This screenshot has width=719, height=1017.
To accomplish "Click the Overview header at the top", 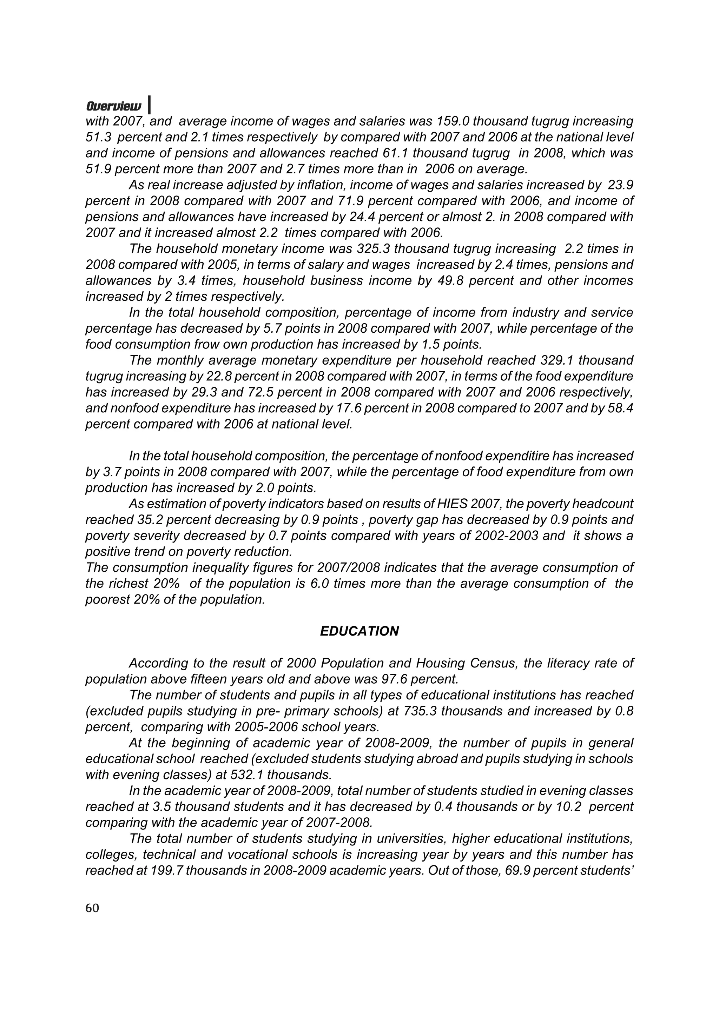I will (x=114, y=107).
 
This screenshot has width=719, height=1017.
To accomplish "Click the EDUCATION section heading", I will (x=359, y=632).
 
